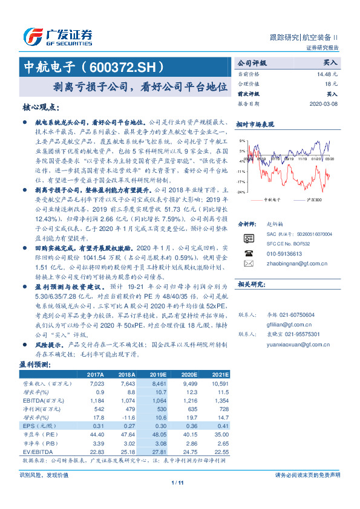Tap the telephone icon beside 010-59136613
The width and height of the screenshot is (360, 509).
tap(248, 254)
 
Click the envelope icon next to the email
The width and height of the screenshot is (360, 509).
tap(248, 264)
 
